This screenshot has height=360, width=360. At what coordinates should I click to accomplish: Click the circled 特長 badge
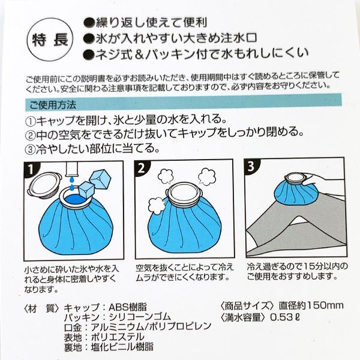coord(50,41)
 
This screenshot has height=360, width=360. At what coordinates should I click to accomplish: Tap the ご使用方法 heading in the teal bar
coord(53,106)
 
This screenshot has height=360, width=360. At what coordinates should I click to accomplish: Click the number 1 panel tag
coord(31,170)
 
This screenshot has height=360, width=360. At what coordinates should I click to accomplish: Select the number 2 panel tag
coord(141,168)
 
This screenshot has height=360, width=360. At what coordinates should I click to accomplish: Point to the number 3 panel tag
coord(251,166)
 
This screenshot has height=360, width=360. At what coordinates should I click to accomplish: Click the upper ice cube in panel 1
coord(100,178)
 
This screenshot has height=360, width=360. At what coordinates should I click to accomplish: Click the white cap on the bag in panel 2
coord(184,194)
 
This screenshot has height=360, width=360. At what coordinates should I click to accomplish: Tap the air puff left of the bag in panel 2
coord(157,205)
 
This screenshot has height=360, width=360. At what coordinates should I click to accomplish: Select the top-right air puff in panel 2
coord(207,176)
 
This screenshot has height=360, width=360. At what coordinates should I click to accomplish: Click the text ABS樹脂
coord(127,307)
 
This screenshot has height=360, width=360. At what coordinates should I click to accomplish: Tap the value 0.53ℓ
coord(285,317)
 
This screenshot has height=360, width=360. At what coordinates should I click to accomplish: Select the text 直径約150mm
coord(311,305)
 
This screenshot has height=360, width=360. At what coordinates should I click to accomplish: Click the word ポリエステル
coord(118,337)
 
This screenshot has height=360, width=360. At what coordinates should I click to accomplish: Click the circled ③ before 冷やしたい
coord(30,149)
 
